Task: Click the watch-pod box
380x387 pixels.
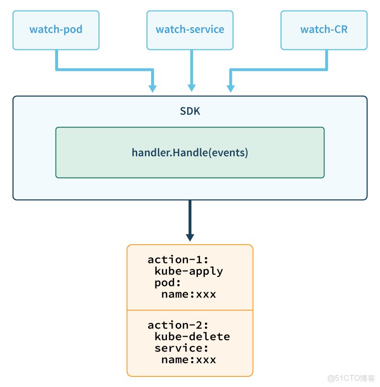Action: click(x=56, y=30)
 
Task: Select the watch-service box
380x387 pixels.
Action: click(x=190, y=30)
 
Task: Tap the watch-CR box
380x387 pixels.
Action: click(x=324, y=30)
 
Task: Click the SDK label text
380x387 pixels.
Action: click(x=190, y=111)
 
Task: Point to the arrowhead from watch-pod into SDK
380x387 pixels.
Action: click(x=153, y=88)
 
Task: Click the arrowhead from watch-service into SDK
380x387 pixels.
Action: click(x=191, y=88)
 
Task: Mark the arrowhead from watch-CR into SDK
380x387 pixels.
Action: click(x=231, y=88)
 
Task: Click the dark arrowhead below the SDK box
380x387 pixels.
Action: click(x=190, y=237)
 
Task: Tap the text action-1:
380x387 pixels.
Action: click(x=178, y=260)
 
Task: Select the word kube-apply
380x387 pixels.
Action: click(x=189, y=271)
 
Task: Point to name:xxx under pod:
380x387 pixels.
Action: click(x=189, y=294)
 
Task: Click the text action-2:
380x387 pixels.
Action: click(x=178, y=325)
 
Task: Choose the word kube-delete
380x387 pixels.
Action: click(x=192, y=337)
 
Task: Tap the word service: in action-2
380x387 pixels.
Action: click(x=181, y=348)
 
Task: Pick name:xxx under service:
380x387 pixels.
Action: click(x=189, y=360)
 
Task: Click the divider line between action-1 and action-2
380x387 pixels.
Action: click(x=190, y=310)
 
